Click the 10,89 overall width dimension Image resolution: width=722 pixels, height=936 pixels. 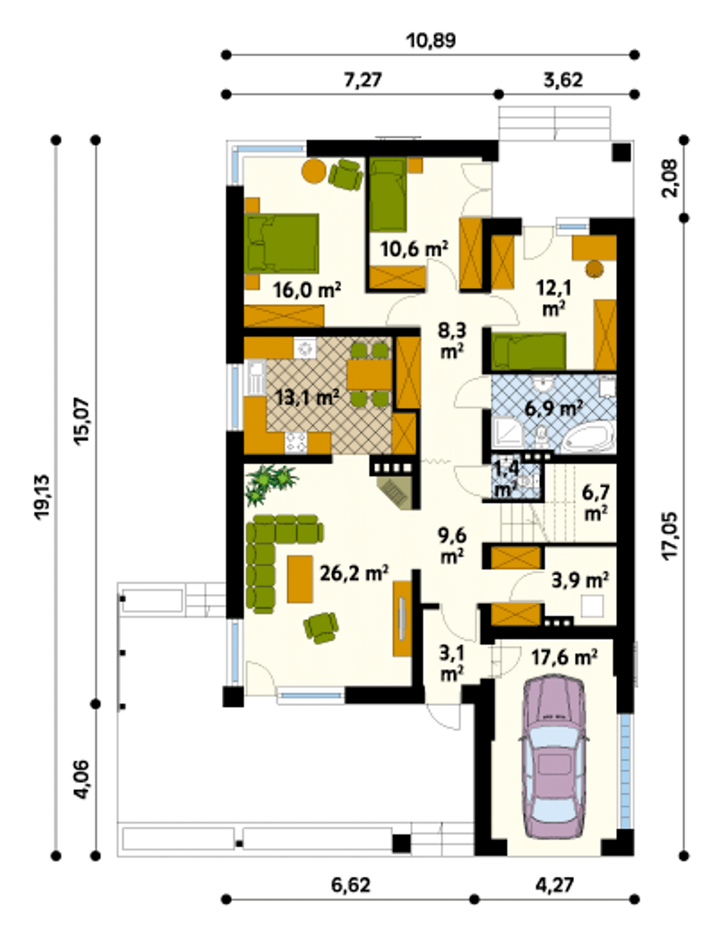(x=430, y=41)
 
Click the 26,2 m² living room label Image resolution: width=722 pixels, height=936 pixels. (x=354, y=573)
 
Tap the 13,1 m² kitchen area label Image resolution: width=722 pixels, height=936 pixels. (x=306, y=397)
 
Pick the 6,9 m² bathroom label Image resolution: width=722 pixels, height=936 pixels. (x=553, y=407)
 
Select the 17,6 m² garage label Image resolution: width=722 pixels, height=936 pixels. (x=564, y=658)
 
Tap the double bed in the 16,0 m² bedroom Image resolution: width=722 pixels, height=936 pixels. (x=281, y=243)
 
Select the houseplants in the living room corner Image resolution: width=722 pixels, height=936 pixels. (x=270, y=483)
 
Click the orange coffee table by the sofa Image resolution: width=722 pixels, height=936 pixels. (x=300, y=579)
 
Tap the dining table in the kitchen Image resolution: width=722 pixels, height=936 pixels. (x=369, y=374)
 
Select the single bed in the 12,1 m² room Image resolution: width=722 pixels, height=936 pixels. (x=529, y=352)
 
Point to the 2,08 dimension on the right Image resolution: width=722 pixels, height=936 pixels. (x=671, y=178)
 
